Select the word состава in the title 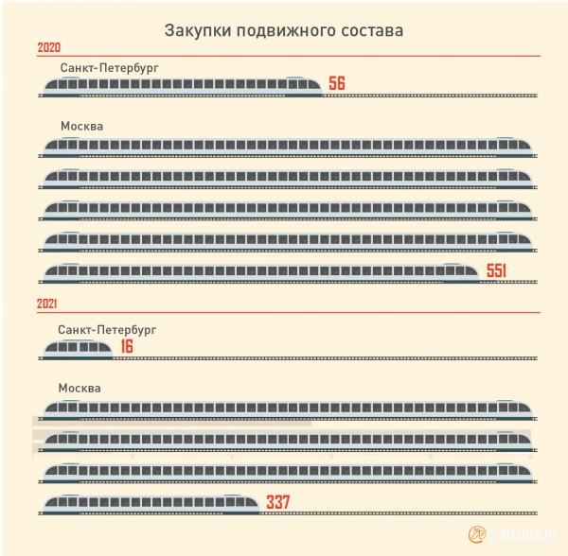click(364, 29)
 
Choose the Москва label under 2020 click(80, 127)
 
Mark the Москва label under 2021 click(79, 389)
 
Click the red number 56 click(336, 84)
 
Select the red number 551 click(497, 272)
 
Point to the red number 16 click(127, 347)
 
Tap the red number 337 click(279, 501)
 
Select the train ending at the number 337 click(151, 503)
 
